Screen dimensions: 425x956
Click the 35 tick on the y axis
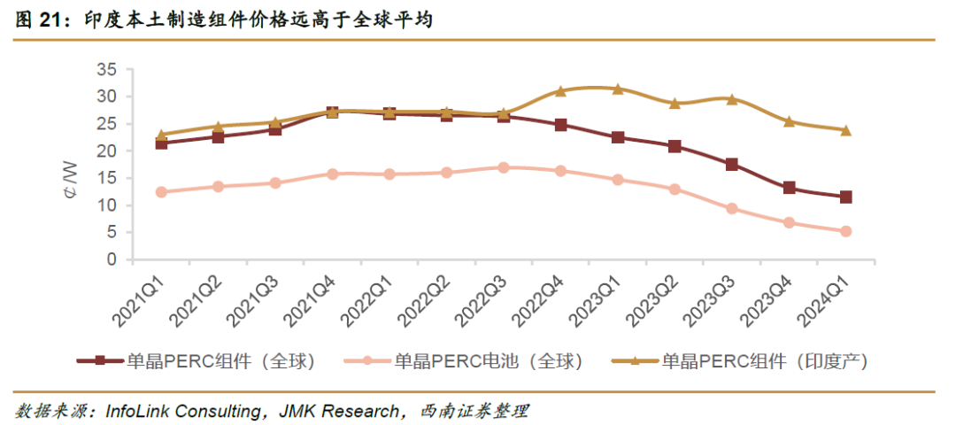(x=106, y=69)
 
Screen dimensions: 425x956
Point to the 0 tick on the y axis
(x=112, y=260)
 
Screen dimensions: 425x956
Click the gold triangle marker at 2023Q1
(x=617, y=89)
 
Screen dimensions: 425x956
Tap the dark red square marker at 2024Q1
(x=845, y=197)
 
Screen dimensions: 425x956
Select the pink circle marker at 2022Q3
(x=503, y=167)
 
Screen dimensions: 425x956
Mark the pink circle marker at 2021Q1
(x=161, y=191)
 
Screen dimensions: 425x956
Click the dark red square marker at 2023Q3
(x=731, y=165)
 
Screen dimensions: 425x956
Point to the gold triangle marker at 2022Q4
(x=560, y=90)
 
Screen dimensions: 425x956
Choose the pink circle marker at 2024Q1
(x=845, y=231)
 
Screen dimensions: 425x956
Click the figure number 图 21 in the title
(x=36, y=19)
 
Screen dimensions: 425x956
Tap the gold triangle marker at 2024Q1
(x=845, y=130)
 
